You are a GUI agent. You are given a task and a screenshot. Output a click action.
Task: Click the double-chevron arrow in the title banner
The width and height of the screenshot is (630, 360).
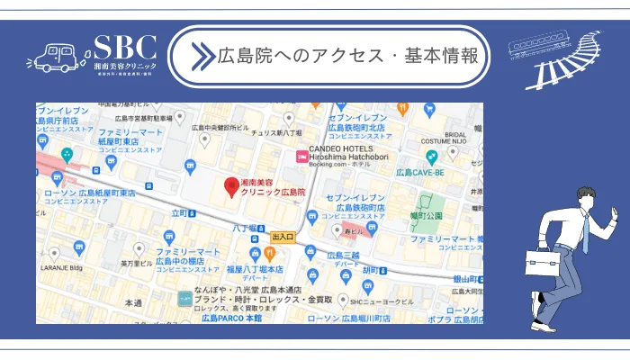point(201,56)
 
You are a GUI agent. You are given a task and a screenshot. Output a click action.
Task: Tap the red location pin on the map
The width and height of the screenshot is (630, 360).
point(231,187)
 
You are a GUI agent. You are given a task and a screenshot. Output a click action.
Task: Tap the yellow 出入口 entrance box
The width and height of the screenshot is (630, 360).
point(283,237)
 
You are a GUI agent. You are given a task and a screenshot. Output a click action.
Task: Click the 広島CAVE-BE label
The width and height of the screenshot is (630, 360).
point(422,171)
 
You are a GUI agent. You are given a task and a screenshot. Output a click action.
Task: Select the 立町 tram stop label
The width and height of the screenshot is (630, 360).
point(180,213)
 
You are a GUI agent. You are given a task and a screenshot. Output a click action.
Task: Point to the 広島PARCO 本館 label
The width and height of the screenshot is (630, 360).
point(231,318)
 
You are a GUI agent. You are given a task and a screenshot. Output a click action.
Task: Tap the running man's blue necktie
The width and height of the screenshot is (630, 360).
point(585,233)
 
